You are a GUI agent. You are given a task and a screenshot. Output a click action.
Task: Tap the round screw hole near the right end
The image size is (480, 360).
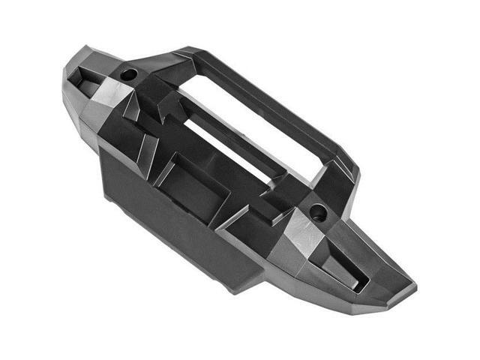point(318,212)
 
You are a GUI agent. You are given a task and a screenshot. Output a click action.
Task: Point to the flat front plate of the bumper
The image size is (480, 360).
point(172,217)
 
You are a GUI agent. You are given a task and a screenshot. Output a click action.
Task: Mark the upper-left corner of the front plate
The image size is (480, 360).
point(102,150)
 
